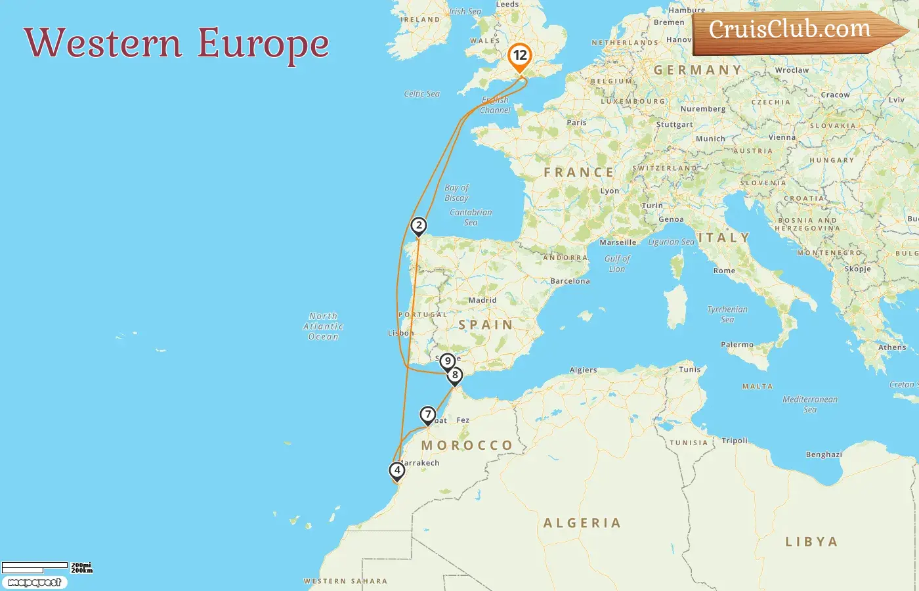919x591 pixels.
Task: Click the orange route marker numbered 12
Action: (520, 56)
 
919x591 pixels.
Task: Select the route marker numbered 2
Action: (419, 226)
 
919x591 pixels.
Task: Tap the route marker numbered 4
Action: (396, 470)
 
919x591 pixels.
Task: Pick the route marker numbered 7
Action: (428, 414)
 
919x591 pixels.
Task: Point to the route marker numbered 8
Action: (454, 376)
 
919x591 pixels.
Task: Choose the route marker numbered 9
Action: (448, 361)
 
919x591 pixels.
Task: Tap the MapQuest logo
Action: (34, 582)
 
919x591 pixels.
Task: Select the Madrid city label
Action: (482, 300)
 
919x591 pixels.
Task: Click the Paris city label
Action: (576, 122)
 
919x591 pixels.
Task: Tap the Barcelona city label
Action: (570, 281)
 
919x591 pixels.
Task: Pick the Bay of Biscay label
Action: (456, 192)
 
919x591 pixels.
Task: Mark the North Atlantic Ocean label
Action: (323, 326)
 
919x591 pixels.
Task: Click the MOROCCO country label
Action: (467, 445)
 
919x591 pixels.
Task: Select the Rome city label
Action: (724, 271)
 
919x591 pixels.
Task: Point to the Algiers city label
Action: (583, 370)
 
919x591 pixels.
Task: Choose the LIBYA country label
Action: (811, 542)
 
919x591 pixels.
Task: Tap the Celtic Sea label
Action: (421, 94)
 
